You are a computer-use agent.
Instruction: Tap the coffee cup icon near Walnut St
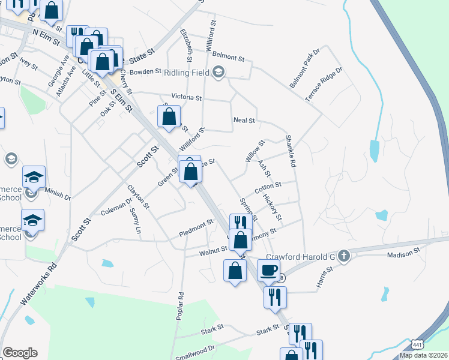click(x=269, y=270)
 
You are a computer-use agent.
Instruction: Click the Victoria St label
click(x=186, y=97)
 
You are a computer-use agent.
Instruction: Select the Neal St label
click(x=244, y=121)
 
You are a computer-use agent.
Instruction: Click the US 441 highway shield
click(x=418, y=344)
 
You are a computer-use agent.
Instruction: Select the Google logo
click(x=20, y=353)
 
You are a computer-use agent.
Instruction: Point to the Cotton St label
click(x=268, y=188)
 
